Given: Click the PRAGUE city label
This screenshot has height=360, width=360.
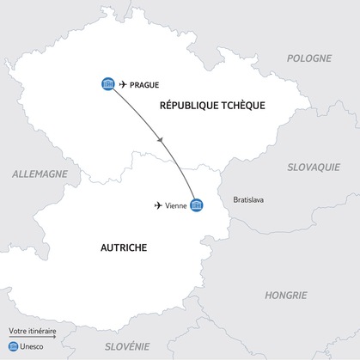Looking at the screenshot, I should tap(145, 83).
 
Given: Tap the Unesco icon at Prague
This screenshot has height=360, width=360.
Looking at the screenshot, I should tap(107, 83).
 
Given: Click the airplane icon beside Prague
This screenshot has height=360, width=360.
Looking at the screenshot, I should tap(124, 83).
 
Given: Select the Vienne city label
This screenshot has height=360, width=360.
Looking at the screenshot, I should tap(176, 205).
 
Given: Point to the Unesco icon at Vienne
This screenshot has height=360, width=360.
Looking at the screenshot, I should tap(197, 205).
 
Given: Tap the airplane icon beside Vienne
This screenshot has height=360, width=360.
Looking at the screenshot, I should tap(158, 205).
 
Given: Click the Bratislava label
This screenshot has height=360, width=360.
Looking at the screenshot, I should tap(248, 200).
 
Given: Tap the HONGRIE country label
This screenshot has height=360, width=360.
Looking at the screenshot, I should tap(285, 295).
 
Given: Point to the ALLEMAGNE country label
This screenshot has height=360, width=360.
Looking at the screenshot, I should tap(40, 174).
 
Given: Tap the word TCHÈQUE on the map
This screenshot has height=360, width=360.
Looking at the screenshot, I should tap(240, 105).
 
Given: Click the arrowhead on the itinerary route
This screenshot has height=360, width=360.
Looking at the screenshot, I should tap(162, 139).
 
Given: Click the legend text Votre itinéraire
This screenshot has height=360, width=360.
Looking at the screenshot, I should tap(33, 331).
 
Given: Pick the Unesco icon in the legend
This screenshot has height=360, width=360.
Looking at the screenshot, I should tap(13, 347).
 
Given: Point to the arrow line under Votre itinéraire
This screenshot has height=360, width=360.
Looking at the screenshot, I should tap(33, 338).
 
